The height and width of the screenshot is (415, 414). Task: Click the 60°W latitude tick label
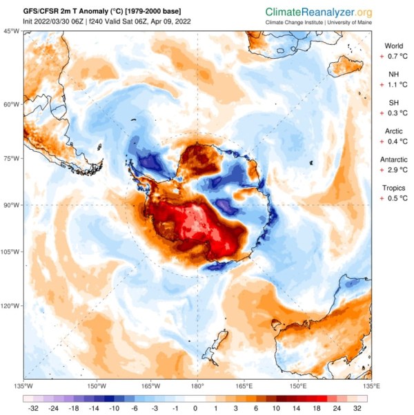pyautogui.click(x=10, y=104)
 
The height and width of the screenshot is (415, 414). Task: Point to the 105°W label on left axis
pyautogui.click(x=10, y=252)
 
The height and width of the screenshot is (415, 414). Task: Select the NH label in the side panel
pyautogui.click(x=393, y=75)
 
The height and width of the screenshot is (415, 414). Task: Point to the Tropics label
pyautogui.click(x=393, y=188)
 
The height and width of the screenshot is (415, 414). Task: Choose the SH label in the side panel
pyautogui.click(x=393, y=103)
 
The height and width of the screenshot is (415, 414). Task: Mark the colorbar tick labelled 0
pyautogui.click(x=195, y=407)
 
